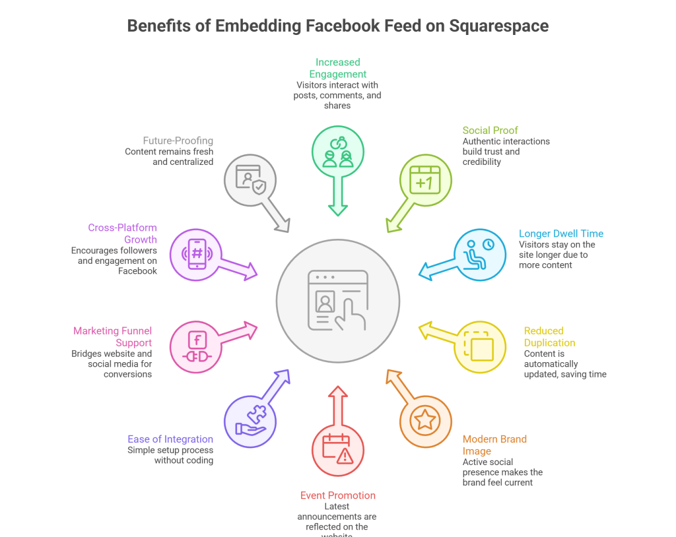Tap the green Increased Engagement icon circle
pos(338,152)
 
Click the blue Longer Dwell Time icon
pos(479,255)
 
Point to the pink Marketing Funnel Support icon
pos(196,347)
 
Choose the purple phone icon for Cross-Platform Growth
pos(196,255)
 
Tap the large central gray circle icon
pos(338,300)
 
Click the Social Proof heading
pos(490,130)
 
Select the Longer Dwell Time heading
pos(561,234)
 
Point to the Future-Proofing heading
pos(178,141)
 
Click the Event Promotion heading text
pos(338,495)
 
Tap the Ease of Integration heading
pos(170,439)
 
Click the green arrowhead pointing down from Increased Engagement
pos(338,209)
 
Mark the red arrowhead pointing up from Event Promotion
pos(338,393)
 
